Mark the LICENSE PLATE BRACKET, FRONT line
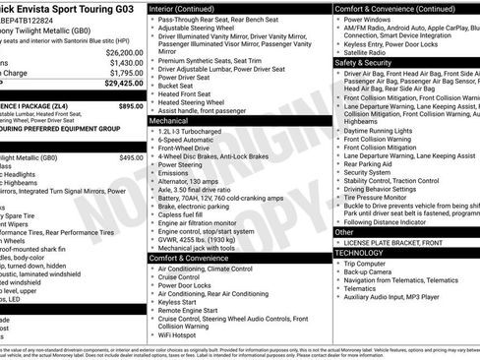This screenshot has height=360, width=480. pos(402,242)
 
